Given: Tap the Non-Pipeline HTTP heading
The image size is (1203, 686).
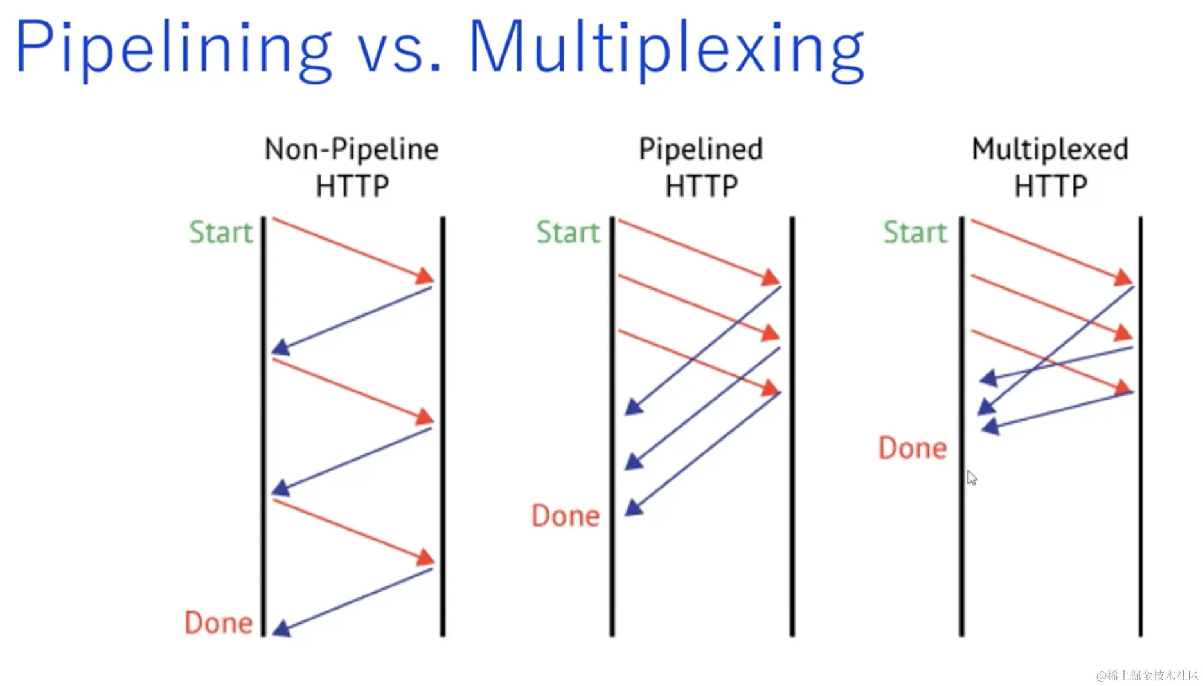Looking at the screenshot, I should (x=352, y=167).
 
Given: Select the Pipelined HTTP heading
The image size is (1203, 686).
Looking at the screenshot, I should (x=700, y=167).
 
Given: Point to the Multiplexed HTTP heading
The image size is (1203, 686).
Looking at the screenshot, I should (x=1050, y=167).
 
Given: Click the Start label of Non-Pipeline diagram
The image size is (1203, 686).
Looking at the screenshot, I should (x=221, y=232).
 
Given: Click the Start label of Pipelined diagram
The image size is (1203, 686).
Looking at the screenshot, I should (x=568, y=232).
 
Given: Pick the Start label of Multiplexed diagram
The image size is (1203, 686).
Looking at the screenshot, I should (x=915, y=232).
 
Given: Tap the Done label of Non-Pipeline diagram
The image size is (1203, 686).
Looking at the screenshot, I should (x=218, y=622).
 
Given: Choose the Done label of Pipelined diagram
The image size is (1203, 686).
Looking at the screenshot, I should (x=566, y=515).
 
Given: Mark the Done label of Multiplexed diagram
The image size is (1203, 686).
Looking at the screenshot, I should (x=913, y=448).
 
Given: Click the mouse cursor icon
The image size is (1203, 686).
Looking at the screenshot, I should (x=972, y=478).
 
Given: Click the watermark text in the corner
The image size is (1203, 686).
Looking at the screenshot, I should (x=1147, y=675).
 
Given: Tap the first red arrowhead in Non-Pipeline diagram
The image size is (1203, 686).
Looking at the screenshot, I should (x=425, y=276).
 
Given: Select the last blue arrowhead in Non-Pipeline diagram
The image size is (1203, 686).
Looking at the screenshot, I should (x=282, y=628).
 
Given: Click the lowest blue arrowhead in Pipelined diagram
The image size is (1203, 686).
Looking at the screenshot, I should (x=634, y=508).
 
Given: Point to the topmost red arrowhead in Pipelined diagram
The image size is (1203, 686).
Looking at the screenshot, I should (x=771, y=277).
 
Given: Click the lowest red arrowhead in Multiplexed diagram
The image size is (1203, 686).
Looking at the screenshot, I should (x=1123, y=387).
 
